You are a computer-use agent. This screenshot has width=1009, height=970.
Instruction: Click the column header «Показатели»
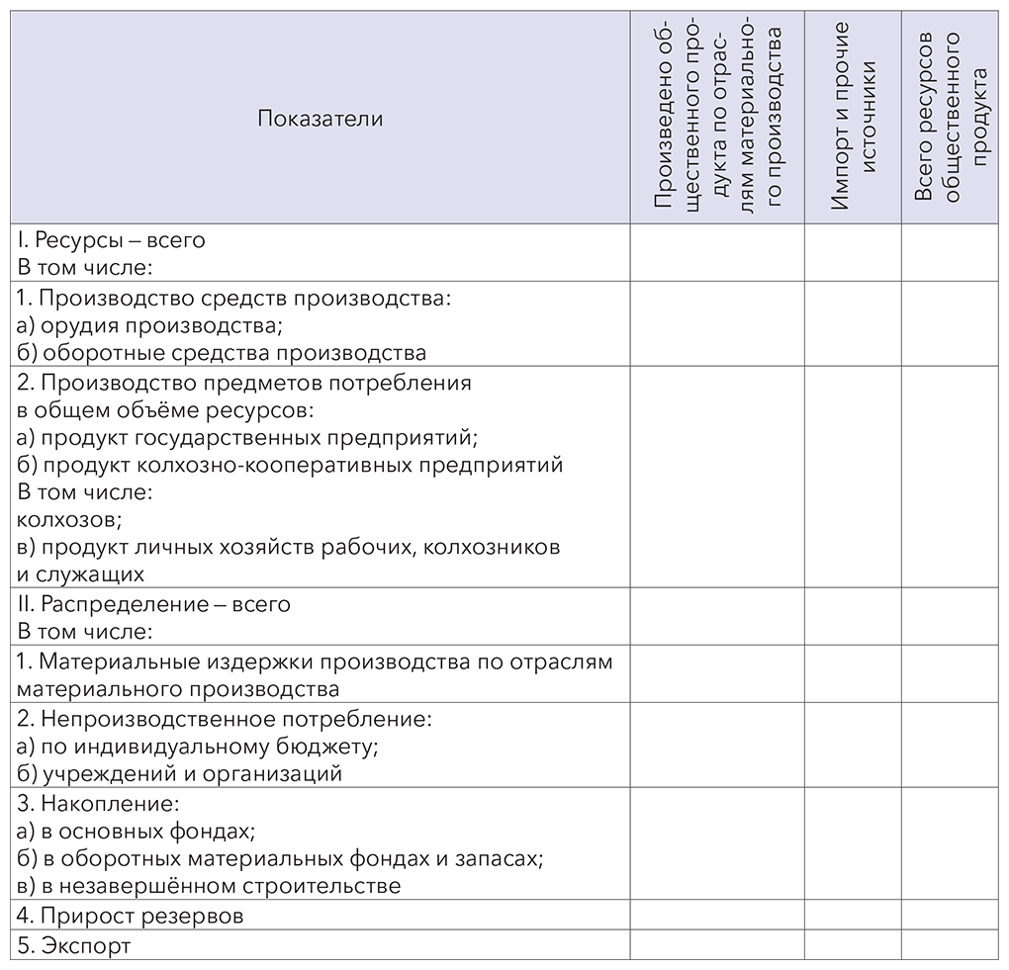coord(320,119)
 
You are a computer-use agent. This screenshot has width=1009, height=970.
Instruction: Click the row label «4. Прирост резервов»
coord(131,916)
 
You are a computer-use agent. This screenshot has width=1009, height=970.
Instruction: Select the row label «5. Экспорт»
coord(74,945)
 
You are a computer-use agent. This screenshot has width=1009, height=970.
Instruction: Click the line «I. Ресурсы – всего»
coord(111,240)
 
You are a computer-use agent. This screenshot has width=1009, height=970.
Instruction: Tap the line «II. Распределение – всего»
coord(154,604)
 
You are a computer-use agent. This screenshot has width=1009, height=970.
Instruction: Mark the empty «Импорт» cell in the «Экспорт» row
coord(853,945)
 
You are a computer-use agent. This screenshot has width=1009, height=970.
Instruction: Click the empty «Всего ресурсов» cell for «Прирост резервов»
coord(951,916)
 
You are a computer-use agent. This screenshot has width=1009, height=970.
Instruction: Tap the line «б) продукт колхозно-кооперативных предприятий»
coord(290,464)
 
